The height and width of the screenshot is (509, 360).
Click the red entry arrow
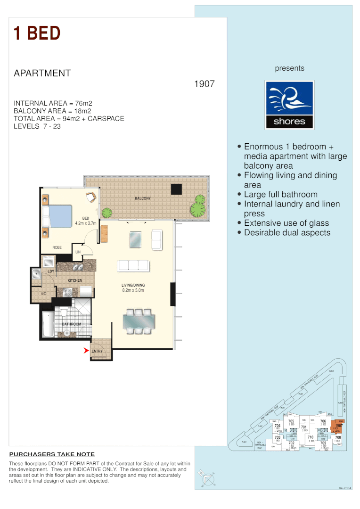[x=86, y=350]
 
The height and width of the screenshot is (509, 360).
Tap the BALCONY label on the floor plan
[x=143, y=198]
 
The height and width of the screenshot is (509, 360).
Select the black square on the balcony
[x=176, y=189]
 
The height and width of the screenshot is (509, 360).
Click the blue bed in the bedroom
[x=60, y=216]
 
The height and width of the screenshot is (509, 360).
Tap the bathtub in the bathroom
[x=48, y=324]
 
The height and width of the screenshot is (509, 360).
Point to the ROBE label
[x=57, y=247]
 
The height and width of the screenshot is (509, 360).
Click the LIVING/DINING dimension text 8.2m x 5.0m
[x=133, y=291]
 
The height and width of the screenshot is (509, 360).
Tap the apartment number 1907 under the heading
[x=205, y=84]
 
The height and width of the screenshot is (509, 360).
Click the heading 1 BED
[x=37, y=33]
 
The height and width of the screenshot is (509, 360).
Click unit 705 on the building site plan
[x=291, y=422]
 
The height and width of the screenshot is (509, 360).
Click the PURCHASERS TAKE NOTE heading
[x=52, y=454]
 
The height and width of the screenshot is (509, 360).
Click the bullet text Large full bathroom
[x=280, y=194]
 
